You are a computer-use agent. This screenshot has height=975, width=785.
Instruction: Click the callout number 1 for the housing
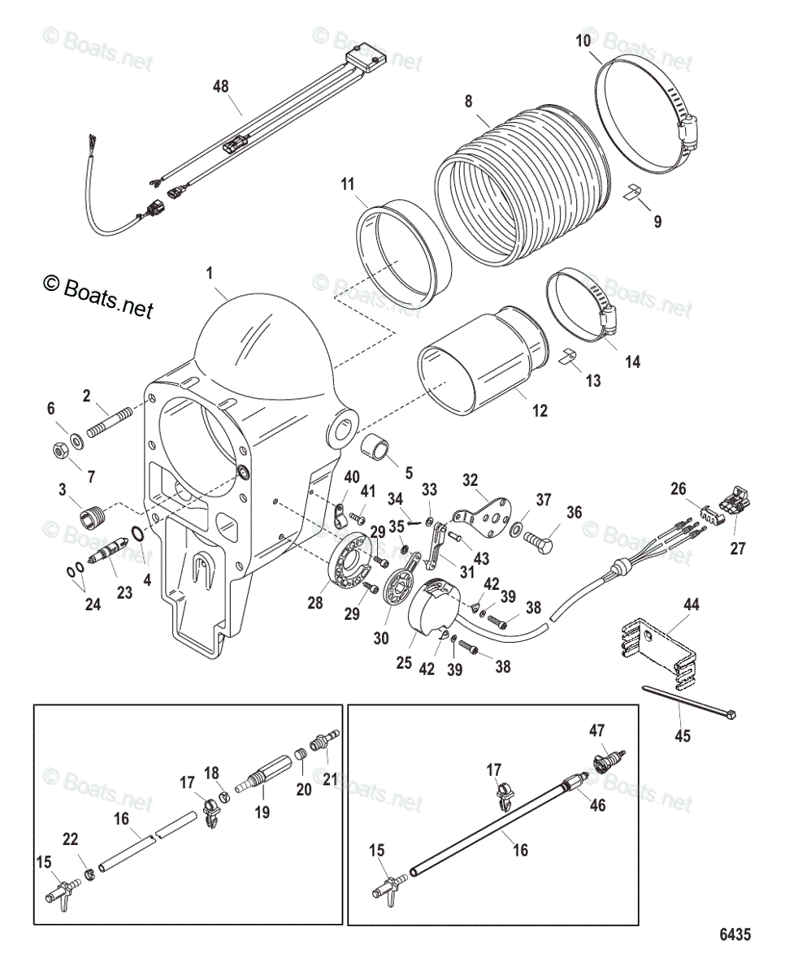211,275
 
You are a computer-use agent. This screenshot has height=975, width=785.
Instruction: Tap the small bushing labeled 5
376,449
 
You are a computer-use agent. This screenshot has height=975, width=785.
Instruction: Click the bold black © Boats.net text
98,297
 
